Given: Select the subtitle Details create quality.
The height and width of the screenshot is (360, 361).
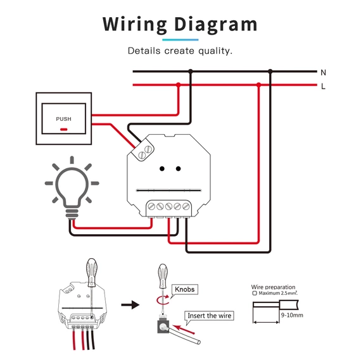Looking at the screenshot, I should coord(180,50).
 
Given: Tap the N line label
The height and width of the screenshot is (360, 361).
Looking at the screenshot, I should coord(324,73).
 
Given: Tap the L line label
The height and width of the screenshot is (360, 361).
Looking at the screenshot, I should coord(324,86).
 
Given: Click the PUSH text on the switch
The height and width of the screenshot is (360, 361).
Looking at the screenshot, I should coord(63,119).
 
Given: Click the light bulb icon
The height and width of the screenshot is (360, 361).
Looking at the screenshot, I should coord(72,185).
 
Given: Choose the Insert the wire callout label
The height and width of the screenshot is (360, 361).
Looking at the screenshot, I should coord(210,315).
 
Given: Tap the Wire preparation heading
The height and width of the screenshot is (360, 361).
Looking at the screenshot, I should coord(274,287).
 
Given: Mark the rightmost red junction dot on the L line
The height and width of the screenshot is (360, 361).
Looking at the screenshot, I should coord(258,84).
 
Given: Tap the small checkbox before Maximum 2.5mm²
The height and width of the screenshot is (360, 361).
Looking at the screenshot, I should coord(255,293).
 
